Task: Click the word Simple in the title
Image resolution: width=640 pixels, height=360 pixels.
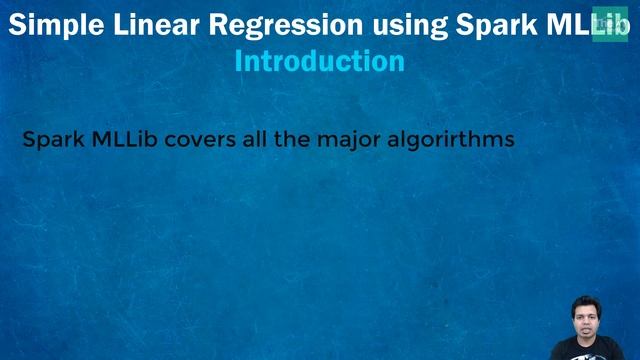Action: coord(50,25)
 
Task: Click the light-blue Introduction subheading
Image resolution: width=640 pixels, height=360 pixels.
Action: coord(319,61)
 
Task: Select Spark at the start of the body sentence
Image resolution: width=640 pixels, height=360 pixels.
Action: coord(52,140)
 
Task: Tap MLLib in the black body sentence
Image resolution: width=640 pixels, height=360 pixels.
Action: coord(123,139)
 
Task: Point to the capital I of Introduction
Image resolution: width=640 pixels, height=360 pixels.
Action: coord(238,61)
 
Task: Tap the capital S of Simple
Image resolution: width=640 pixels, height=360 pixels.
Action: coord(16,25)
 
